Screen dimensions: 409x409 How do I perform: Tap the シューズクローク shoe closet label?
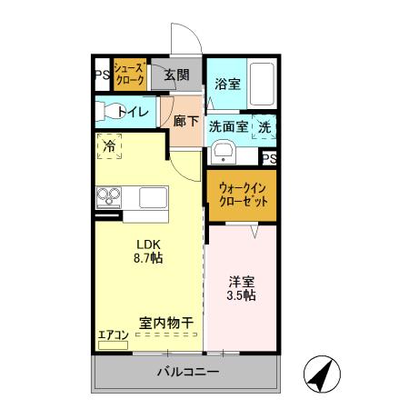[129, 75]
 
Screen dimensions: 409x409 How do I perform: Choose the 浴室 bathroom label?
[227, 85]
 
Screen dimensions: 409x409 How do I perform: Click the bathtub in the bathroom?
[263, 85]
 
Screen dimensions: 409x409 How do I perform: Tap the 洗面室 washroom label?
[228, 127]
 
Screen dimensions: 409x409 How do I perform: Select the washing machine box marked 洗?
[264, 128]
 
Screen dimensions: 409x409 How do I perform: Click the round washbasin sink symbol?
[218, 152]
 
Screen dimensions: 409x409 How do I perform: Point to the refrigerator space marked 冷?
[110, 145]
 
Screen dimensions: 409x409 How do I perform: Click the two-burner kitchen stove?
[109, 196]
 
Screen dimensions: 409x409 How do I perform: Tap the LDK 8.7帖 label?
[149, 251]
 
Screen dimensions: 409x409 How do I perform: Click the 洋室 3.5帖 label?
[241, 289]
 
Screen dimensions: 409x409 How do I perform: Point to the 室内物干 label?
[166, 323]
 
